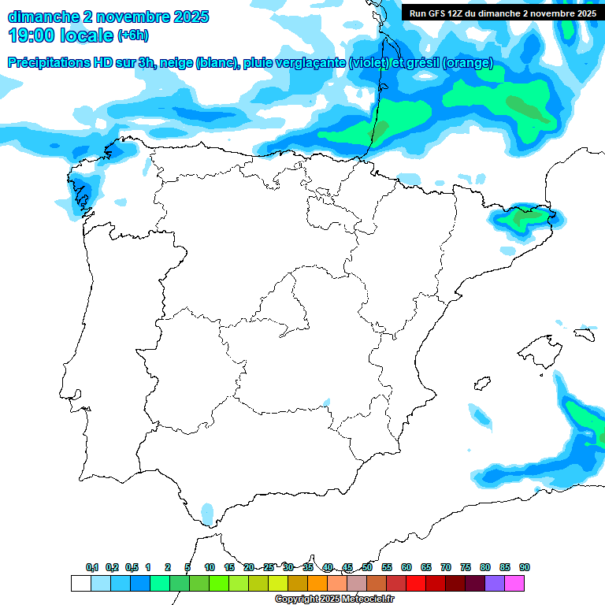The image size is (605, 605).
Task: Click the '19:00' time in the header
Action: (x=31, y=35)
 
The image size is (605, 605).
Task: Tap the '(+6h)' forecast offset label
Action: (x=132, y=35)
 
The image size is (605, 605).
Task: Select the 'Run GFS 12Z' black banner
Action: (x=503, y=13)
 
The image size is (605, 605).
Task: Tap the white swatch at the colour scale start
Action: (x=80, y=584)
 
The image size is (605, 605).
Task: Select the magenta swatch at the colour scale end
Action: (x=514, y=584)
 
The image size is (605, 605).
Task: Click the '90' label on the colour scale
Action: (x=525, y=567)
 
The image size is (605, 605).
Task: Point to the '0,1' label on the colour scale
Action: (x=92, y=567)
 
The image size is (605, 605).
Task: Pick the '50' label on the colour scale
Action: (x=367, y=567)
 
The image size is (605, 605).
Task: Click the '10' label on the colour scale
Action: (x=210, y=567)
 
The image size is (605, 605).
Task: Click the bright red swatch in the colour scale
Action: (x=416, y=584)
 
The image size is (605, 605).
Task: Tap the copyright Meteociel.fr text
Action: (x=334, y=599)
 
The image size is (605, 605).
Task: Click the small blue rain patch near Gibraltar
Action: (x=208, y=513)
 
